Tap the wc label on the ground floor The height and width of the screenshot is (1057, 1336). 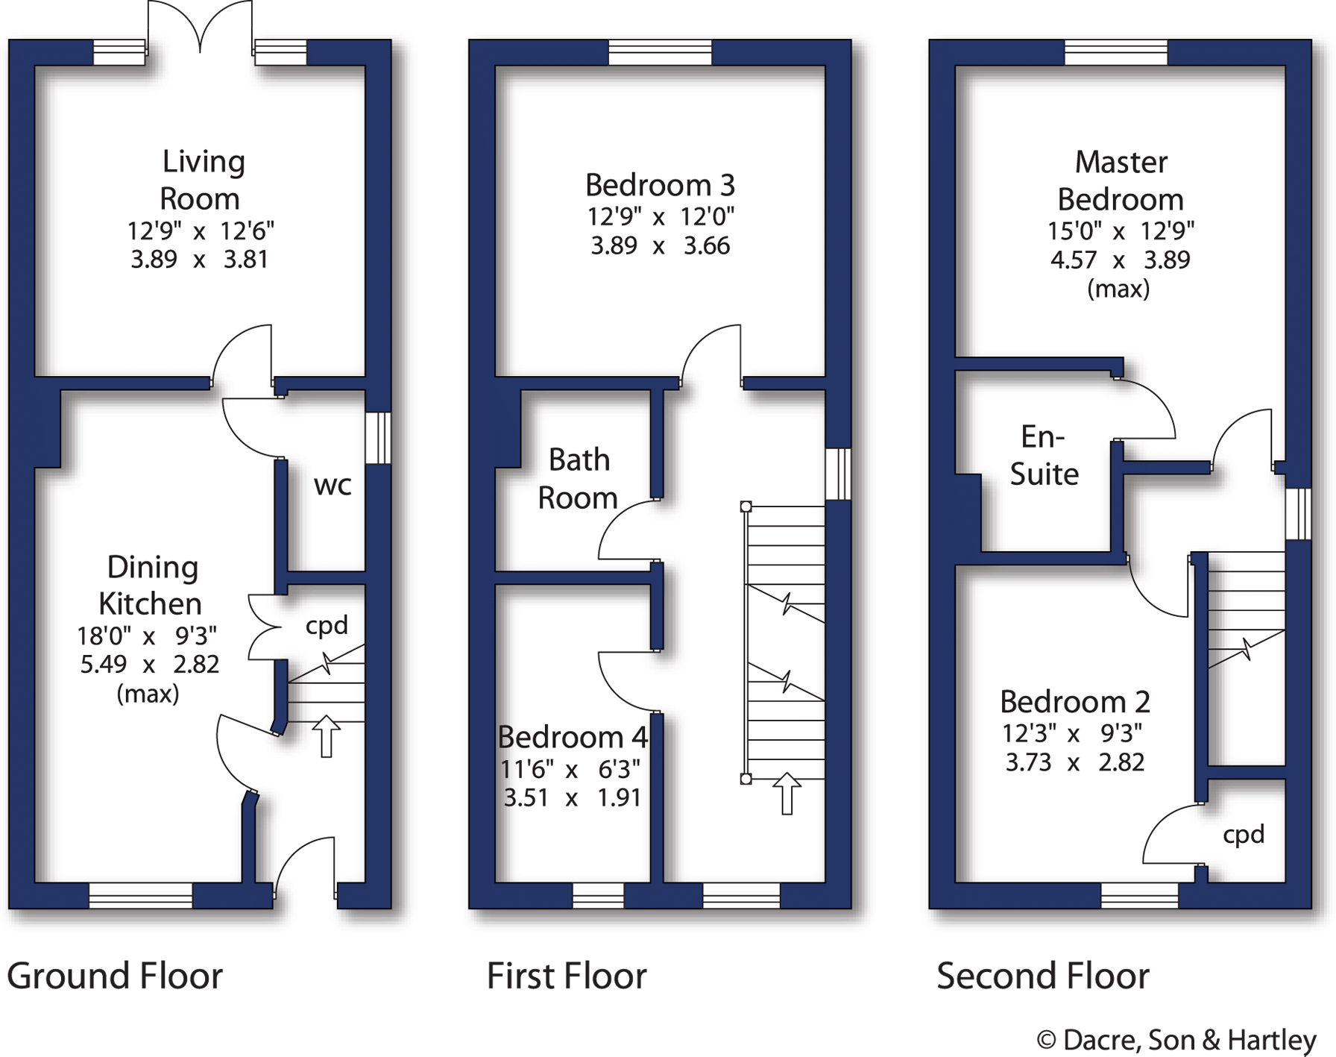(x=333, y=486)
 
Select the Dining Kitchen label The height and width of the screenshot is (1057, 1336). (x=151, y=586)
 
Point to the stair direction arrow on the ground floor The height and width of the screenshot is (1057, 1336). (x=326, y=735)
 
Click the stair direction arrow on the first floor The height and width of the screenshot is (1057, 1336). (x=787, y=793)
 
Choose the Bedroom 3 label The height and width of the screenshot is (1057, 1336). (x=660, y=185)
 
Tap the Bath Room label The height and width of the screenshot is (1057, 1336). (x=579, y=479)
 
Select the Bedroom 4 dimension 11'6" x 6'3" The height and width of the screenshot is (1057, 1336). (x=570, y=768)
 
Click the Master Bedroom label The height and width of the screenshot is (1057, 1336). (x=1121, y=181)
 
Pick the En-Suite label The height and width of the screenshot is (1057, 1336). (x=1044, y=455)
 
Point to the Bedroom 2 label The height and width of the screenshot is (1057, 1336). (x=1074, y=702)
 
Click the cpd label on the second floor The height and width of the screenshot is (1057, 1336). (x=1244, y=834)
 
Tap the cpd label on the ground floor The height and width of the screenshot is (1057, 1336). (x=327, y=625)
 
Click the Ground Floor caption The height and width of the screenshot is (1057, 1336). (x=115, y=976)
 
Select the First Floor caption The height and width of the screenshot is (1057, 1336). (x=567, y=976)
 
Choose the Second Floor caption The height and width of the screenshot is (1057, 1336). (x=1043, y=976)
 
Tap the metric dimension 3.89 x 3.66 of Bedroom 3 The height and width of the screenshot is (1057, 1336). (x=660, y=245)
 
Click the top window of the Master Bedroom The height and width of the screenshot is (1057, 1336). (x=1115, y=52)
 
